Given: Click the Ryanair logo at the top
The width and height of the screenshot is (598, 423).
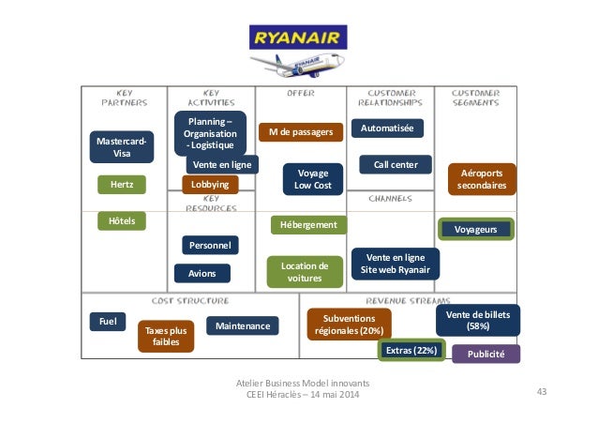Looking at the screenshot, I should click(298, 40).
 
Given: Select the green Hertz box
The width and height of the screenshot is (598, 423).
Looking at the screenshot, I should click(122, 186).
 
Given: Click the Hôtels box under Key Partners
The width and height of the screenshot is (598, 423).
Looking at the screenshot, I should click(122, 221).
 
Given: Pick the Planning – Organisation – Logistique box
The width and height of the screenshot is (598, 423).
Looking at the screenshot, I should click(210, 134).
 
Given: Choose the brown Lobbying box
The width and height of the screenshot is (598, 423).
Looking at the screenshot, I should click(210, 186).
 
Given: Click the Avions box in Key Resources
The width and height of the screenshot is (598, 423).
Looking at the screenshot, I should click(202, 273).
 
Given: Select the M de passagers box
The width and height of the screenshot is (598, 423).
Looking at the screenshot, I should click(300, 132).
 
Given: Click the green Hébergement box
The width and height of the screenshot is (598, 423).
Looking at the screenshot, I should click(308, 225).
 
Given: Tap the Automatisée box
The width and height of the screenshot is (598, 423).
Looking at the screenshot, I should click(386, 128).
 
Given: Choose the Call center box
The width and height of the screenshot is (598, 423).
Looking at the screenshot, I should click(395, 165).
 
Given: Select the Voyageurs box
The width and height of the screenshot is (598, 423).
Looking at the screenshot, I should click(476, 229).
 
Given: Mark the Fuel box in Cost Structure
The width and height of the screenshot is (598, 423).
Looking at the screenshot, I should click(107, 322).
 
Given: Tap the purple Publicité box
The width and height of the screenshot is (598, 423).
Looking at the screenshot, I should click(486, 354).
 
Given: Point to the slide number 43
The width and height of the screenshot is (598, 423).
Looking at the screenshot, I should click(540, 391).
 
